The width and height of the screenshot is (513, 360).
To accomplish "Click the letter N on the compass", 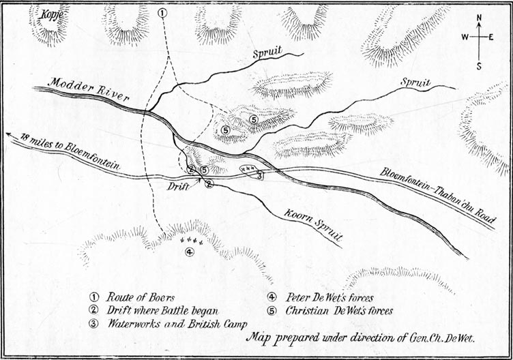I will click(x=480, y=18).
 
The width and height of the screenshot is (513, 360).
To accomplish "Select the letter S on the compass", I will click(x=480, y=66).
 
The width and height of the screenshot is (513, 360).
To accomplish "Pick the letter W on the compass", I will click(x=464, y=38).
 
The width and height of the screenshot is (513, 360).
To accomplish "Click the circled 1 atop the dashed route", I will click(x=162, y=13).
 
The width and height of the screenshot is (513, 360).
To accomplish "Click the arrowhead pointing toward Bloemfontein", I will click(x=9, y=134).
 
